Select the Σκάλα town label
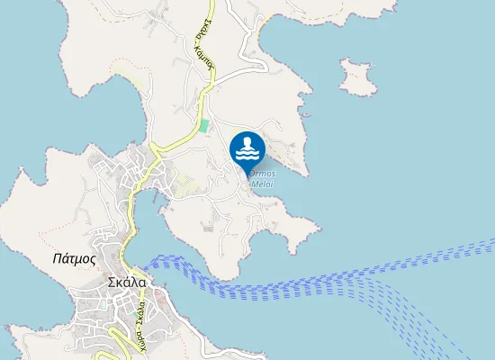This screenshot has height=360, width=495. coord(125,280)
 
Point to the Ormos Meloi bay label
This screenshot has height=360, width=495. coord(261,178)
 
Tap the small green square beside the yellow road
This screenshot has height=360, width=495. coord(204,125)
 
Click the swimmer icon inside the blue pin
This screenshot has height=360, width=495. coord(247,143)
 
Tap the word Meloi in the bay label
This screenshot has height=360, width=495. coord(262,184)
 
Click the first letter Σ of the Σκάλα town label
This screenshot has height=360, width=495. coord(109,280)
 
